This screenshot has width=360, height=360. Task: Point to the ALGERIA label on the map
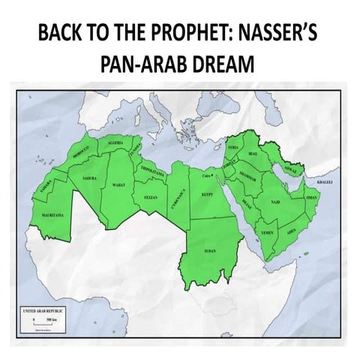[x=115, y=142]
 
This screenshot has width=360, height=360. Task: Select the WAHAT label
[x=118, y=184]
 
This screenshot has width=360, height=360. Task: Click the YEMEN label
[x=266, y=233]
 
